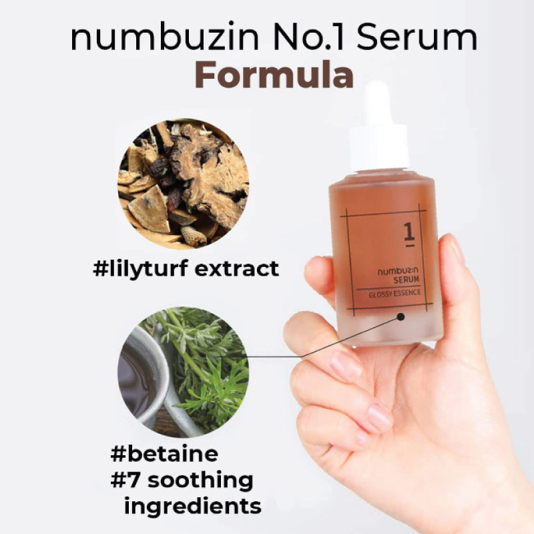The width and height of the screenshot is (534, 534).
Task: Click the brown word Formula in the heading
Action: tap(274, 75)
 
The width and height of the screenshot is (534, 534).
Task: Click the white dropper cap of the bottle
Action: tap(379, 129)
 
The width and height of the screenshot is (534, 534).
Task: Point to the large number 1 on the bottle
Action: tap(409, 234)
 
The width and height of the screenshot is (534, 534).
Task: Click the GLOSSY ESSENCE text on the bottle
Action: tap(394, 294)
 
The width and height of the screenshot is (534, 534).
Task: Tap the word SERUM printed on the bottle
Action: tap(407, 280)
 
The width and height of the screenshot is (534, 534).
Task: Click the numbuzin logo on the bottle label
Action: tap(398, 271)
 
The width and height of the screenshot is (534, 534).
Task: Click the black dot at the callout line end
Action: tap(401, 317)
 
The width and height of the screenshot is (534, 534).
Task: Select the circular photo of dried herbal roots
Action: tap(183, 184)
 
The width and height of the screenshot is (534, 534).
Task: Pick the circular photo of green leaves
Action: tap(183, 372)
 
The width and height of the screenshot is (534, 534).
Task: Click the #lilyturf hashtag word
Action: tap(140, 269)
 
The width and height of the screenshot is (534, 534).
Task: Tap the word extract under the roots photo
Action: tap(237, 269)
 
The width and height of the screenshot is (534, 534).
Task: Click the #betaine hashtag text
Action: tap(164, 454)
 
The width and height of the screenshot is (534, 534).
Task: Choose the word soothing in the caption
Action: tap(201, 481)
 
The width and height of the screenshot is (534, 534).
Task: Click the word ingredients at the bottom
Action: tap(193, 507)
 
